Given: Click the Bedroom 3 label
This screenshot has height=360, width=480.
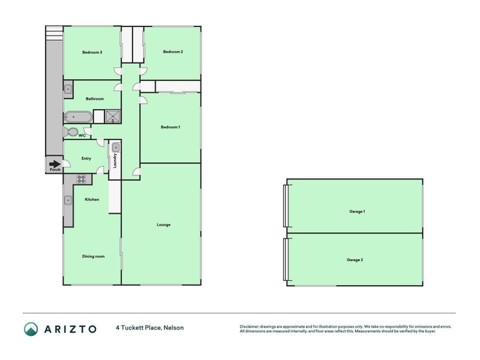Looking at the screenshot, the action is (92, 52).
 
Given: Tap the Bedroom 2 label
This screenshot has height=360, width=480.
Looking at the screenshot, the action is (173, 52).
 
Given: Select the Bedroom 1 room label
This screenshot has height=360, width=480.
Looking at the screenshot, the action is (170, 127).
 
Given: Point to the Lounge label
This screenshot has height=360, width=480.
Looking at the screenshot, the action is (163, 224).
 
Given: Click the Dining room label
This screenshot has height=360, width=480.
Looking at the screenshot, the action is (94, 256).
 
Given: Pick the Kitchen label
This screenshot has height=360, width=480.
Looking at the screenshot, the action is (92, 200).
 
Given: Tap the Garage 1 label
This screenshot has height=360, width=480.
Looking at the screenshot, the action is (357, 212).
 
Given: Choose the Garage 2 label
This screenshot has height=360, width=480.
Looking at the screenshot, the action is (355, 260).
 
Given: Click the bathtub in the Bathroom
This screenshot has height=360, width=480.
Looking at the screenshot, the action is (78, 117).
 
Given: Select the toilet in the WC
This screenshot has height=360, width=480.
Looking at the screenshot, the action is (71, 132).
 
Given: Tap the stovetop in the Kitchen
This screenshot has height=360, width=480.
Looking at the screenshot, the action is (82, 179).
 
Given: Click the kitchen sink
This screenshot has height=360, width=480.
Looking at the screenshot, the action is (68, 200).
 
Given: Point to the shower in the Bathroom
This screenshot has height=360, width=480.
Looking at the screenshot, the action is (113, 116).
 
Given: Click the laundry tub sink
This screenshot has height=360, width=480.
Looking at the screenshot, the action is (116, 148).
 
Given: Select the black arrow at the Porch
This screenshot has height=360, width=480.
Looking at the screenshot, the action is (55, 164).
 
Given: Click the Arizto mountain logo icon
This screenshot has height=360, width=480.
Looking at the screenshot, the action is (31, 329).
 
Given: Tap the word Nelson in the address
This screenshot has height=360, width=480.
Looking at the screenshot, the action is (173, 328).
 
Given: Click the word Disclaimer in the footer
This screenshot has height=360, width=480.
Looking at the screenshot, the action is (249, 326).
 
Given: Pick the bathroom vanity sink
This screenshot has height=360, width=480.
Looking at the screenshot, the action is (68, 89).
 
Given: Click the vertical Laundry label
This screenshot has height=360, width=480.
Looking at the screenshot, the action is (115, 161).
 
